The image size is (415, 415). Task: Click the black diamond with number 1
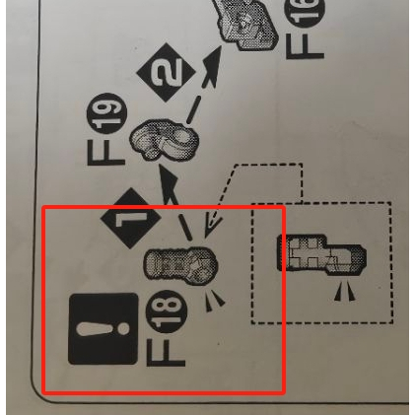click(x=131, y=218)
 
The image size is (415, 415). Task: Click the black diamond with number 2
click(x=166, y=72)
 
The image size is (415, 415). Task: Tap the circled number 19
click(x=106, y=113)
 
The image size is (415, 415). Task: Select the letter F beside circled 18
click(x=166, y=353)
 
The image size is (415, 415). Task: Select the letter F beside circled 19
click(x=106, y=152)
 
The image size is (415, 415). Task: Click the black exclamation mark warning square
click(x=104, y=329)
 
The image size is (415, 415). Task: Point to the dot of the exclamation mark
click(x=123, y=329)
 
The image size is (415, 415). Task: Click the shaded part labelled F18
click(x=181, y=264)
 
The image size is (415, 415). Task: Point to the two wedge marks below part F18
click(x=215, y=300)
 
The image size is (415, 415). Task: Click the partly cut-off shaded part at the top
click(x=245, y=23)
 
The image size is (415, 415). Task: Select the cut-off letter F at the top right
click(x=305, y=46)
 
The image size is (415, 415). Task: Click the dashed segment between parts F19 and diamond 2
click(x=193, y=109)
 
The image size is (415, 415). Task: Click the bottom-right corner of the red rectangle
click(x=284, y=392)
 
